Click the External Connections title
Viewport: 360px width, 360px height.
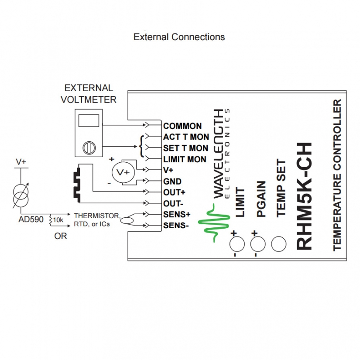tap(179, 37)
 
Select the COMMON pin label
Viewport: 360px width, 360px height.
tap(182, 126)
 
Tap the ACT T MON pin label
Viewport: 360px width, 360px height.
tap(186, 137)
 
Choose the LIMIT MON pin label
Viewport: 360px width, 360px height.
tap(185, 159)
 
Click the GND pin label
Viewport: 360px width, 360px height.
tap(172, 181)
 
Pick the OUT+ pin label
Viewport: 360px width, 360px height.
tap(174, 192)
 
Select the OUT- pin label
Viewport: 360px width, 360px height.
tap(173, 203)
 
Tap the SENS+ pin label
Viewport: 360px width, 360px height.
tap(176, 214)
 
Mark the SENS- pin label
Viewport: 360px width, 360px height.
tap(175, 226)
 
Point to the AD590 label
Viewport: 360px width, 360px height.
tap(31, 219)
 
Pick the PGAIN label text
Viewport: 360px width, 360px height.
tap(261, 199)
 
